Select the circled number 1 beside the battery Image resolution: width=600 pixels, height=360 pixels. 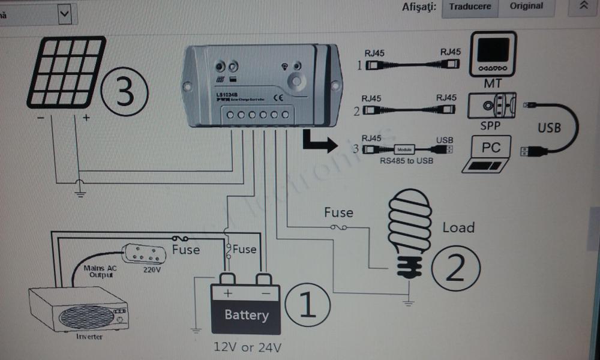307,305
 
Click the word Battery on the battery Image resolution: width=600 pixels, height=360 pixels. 246,315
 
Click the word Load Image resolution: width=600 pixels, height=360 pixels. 458,227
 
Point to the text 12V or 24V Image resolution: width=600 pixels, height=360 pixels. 247,346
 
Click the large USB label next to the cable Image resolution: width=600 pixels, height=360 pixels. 549,128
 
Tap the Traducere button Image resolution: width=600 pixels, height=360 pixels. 470,7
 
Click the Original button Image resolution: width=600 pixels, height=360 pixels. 526,7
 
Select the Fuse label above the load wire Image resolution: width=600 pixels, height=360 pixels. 338,212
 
